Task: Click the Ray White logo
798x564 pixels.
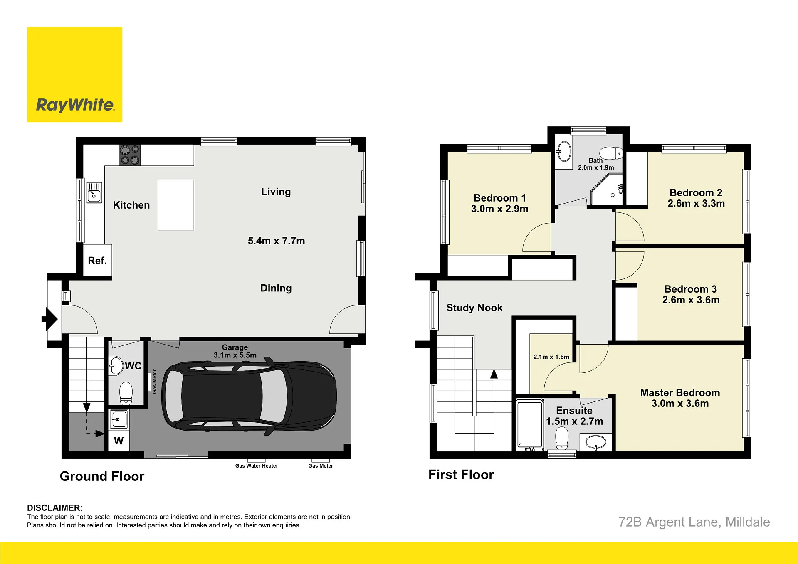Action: pos(74,74)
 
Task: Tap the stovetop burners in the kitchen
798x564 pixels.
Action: pos(129,155)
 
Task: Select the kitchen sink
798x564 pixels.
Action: pos(94,192)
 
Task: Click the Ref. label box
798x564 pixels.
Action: pos(97,261)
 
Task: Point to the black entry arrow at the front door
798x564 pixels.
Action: pos(49,319)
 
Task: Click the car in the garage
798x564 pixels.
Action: pos(249,396)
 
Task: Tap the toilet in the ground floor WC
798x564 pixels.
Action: pos(126,393)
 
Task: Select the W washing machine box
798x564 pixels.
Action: pos(119,441)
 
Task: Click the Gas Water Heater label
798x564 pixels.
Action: pos(257,466)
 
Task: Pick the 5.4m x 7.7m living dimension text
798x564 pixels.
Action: pos(277,241)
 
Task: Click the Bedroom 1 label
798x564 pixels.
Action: pos(500,198)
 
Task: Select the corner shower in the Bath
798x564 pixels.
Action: pos(607,190)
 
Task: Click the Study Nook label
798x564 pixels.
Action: pos(474,308)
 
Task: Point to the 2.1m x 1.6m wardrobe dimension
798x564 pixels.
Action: pos(551,357)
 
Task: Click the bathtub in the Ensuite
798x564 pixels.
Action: pos(529,424)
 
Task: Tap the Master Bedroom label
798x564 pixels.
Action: pos(680,393)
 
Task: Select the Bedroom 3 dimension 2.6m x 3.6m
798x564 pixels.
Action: pos(691,300)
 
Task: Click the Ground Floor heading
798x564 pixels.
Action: pos(102,476)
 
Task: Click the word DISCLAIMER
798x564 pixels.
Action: pos(55,508)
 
